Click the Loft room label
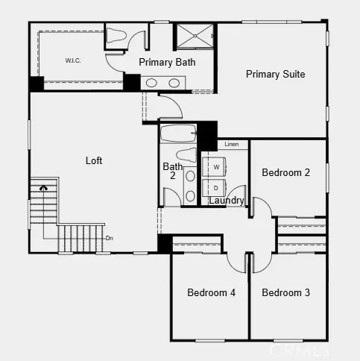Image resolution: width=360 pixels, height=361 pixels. click(94, 160)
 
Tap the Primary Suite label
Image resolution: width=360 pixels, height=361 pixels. click(276, 74)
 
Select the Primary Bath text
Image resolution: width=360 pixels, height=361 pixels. click(167, 62)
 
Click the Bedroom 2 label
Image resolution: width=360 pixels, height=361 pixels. click(285, 172)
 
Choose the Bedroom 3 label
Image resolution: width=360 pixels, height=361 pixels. click(285, 292)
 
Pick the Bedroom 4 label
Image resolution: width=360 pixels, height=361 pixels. click(211, 292)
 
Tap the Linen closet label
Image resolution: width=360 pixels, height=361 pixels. click(232, 144)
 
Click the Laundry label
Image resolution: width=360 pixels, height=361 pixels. click(226, 201)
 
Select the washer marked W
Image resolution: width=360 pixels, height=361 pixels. click(216, 166)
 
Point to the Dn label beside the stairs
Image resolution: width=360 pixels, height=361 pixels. click(109, 238)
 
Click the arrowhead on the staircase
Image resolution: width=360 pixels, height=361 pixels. click(43, 188)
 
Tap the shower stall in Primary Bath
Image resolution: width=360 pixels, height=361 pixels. click(195, 35)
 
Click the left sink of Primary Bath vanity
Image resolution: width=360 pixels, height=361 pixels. click(151, 83)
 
